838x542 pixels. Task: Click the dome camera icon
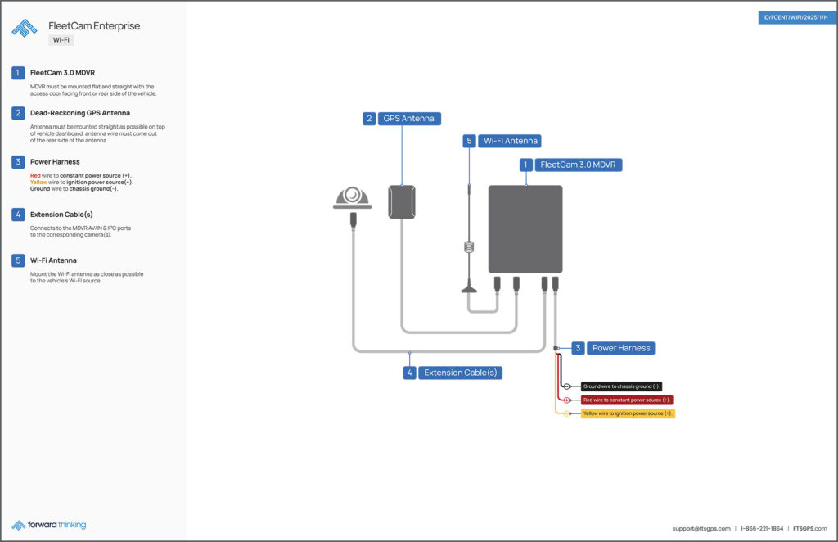pos(353,198)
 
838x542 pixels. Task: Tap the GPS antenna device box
pos(401,202)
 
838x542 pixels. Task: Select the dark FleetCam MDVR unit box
pos(525,229)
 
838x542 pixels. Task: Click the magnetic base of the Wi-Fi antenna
pos(469,287)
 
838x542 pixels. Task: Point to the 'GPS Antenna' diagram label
pos(409,119)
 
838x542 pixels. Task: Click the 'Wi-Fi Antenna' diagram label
pos(511,141)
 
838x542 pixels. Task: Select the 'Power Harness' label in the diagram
pos(620,348)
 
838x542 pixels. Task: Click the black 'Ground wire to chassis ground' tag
pos(621,386)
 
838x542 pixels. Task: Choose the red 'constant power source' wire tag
pos(627,400)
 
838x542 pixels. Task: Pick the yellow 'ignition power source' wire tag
pos(628,413)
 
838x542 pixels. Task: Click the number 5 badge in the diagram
pos(469,141)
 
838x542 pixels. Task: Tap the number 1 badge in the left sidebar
pos(18,73)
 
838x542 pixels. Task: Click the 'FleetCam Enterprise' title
pos(94,26)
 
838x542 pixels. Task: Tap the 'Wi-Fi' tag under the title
pos(61,39)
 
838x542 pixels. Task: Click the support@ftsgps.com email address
pos(701,529)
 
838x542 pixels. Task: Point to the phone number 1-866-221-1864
pos(762,529)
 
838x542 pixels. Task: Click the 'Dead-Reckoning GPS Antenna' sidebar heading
pos(80,113)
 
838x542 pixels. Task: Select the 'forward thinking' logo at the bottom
pos(49,525)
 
